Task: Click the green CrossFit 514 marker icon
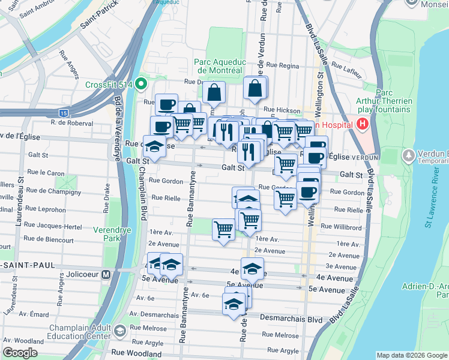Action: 142,84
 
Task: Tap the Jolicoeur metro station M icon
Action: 106,274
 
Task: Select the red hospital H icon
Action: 363,124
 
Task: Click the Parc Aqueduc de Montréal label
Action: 217,66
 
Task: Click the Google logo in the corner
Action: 20,353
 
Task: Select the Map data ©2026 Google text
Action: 411,355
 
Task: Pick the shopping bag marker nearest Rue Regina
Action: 255,89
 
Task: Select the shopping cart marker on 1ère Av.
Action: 223,229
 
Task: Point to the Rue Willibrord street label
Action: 340,227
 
